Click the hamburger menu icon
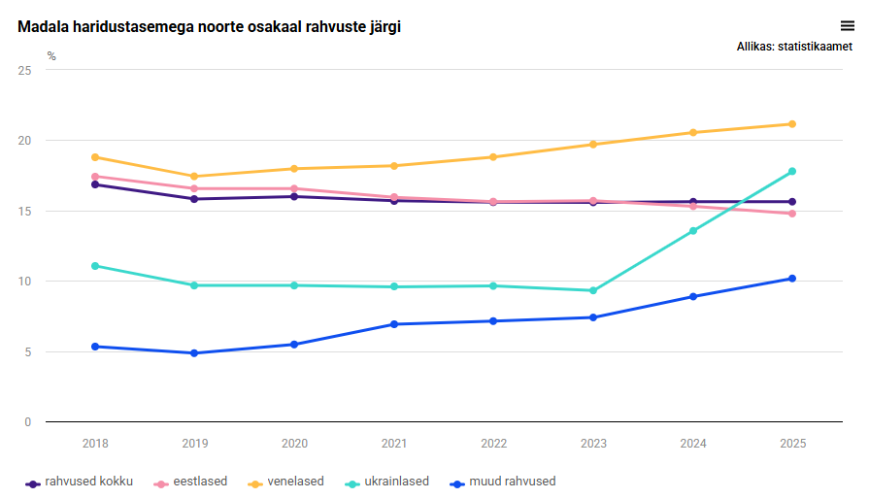[847, 26]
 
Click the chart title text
[209, 27]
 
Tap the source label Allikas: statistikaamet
[794, 47]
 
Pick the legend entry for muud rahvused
[512, 482]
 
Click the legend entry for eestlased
[198, 482]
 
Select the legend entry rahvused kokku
[88, 482]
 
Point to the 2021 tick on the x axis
[394, 443]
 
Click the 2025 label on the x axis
[793, 443]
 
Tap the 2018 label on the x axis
[95, 443]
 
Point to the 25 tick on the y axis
[24, 71]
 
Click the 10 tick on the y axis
[24, 282]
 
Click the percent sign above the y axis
[51, 56]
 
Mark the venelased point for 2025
[792, 124]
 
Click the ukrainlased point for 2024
[693, 231]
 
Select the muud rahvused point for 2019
[194, 353]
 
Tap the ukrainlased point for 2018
[95, 266]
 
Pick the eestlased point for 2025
[792, 214]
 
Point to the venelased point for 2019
[194, 177]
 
